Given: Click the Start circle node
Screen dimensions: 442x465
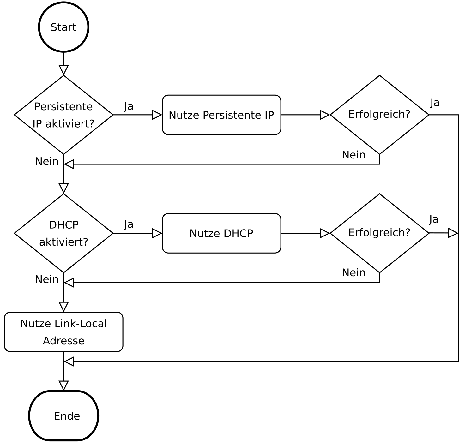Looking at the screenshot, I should coord(63,27).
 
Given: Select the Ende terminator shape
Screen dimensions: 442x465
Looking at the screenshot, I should coord(63,416).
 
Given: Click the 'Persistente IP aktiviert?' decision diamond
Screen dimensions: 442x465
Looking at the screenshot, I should coord(63,115).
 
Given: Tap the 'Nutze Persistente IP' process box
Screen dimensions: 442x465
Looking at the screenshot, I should coord(221,115).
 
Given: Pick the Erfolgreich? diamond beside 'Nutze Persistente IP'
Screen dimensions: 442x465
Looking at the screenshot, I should coord(379,115).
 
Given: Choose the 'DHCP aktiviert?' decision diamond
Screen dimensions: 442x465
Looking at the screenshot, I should coord(63,233).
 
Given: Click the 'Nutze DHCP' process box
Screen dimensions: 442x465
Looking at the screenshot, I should coord(221,233).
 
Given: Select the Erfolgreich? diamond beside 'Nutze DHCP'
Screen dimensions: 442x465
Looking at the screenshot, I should coord(379,233).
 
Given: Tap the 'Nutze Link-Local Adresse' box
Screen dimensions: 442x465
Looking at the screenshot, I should coord(63,332).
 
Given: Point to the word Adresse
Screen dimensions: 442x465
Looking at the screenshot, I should coord(63,341).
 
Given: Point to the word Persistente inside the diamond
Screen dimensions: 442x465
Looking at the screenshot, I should coord(63,107).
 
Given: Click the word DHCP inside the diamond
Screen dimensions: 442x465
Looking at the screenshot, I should coord(63,225).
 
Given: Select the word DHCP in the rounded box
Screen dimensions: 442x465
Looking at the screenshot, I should coord(238,234).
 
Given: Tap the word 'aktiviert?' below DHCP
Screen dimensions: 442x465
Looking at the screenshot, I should coord(63,242).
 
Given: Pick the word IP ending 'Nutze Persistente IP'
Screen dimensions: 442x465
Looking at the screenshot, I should coord(269,115).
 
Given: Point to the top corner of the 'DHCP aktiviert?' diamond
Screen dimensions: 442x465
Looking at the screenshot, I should coord(63,195).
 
